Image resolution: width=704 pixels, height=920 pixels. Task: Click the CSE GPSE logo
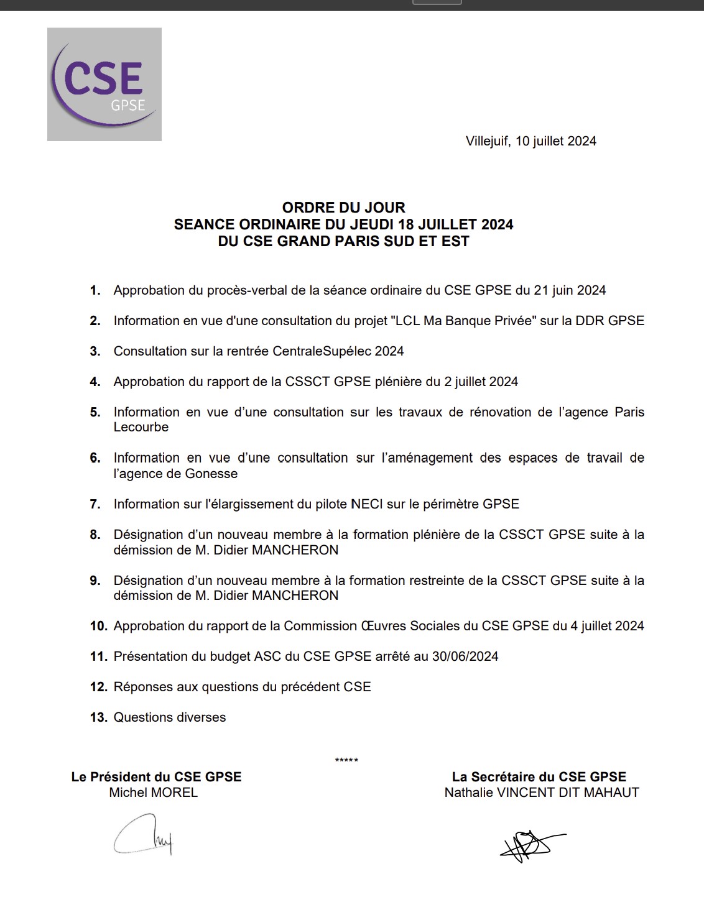[x=104, y=85]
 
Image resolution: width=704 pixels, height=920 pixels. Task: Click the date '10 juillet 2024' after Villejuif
[x=555, y=141]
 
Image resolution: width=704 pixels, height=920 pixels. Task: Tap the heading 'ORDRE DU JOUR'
[x=343, y=208]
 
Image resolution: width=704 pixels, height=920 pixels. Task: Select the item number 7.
[x=95, y=504]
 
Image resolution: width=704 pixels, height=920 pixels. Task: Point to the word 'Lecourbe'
[x=141, y=427]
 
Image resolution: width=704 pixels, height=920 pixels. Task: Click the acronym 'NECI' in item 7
[x=367, y=504]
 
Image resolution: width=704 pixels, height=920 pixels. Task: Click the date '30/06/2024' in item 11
[x=465, y=656]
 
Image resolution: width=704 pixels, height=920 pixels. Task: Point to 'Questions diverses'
[x=170, y=717]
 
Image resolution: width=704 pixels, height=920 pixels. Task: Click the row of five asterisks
[x=346, y=760]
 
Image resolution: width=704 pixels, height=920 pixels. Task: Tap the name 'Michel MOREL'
[x=154, y=793]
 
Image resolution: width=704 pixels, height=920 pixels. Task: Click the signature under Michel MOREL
[x=142, y=835]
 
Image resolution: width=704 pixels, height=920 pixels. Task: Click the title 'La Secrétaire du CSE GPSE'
[x=539, y=777]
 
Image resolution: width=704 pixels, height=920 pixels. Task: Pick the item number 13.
[x=98, y=717]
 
